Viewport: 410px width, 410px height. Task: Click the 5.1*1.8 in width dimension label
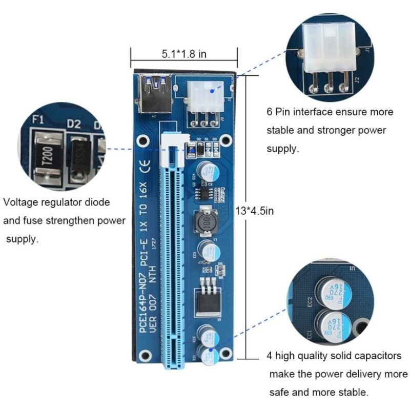184,53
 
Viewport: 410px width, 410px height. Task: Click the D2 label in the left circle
74,124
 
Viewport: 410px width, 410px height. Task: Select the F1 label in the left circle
37,121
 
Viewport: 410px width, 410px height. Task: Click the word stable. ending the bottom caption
354,392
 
